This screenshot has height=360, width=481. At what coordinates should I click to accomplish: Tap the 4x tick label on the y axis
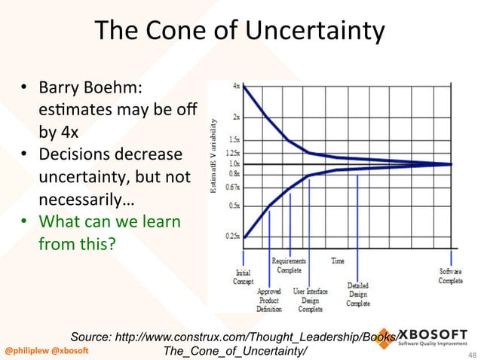(x=236, y=86)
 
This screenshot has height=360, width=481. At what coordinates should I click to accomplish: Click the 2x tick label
(x=236, y=117)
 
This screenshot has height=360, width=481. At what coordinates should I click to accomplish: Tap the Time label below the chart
(x=338, y=261)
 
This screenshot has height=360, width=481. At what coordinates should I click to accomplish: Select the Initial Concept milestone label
(x=244, y=276)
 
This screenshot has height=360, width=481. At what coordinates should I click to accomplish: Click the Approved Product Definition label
(x=268, y=299)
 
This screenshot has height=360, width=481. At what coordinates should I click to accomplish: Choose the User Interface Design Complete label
(x=310, y=299)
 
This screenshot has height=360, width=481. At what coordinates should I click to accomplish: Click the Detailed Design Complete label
(x=358, y=294)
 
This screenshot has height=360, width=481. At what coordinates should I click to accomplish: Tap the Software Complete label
(x=451, y=276)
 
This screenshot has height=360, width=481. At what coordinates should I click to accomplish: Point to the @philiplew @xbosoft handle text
(x=47, y=351)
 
